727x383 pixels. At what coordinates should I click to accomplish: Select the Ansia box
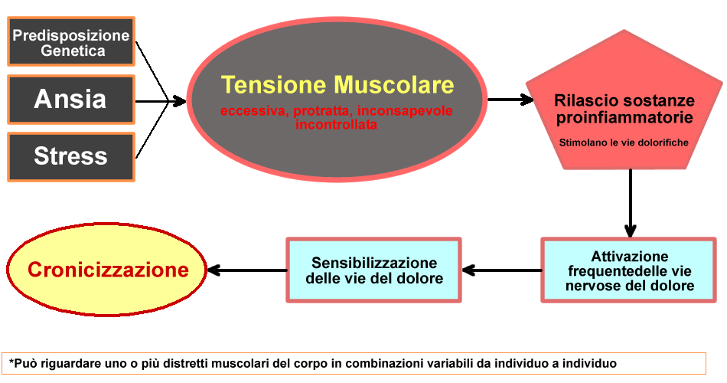coord(71,100)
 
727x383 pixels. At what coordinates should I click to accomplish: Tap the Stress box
coord(71,156)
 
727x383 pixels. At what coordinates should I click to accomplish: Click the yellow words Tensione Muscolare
coord(337,84)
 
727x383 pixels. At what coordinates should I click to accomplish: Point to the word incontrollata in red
coord(337,124)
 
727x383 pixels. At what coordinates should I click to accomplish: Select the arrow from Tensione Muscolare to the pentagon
coord(510,100)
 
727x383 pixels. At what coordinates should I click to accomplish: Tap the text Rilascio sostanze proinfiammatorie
coord(625,110)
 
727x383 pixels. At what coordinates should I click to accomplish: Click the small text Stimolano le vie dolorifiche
coord(624,142)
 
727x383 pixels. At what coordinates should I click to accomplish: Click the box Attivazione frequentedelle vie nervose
coord(629,271)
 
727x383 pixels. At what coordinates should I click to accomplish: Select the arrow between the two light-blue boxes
coord(501,270)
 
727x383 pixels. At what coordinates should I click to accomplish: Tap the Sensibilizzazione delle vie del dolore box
coord(374,270)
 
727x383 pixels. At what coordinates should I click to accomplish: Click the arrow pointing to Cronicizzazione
coord(246,270)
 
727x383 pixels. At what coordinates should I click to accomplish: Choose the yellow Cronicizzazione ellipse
coord(108,270)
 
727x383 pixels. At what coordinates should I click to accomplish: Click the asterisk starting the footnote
coord(12,362)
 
